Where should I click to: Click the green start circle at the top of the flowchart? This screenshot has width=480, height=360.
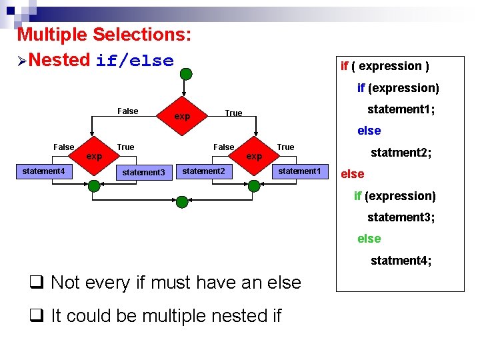185,74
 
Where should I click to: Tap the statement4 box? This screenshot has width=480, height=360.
43,172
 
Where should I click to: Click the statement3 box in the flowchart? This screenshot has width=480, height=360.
143,173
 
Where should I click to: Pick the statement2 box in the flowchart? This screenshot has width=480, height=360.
203,171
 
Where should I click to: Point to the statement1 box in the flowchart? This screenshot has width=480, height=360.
299,171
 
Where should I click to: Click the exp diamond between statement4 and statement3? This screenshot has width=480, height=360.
95,157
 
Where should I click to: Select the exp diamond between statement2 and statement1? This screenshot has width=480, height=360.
254,157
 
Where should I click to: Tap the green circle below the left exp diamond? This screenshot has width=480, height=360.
95,186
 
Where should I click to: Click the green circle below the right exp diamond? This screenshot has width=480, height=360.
254,186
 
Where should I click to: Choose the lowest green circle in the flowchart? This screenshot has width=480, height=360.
181,201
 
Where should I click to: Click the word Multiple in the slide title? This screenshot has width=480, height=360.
53,34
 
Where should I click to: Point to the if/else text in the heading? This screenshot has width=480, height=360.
135,61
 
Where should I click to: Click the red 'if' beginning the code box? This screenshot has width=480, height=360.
345,66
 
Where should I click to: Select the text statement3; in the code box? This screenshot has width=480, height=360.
401,217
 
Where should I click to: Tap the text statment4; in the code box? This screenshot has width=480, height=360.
401,261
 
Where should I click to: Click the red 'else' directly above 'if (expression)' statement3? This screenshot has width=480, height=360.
353,174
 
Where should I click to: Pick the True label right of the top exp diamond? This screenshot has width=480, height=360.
233,113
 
